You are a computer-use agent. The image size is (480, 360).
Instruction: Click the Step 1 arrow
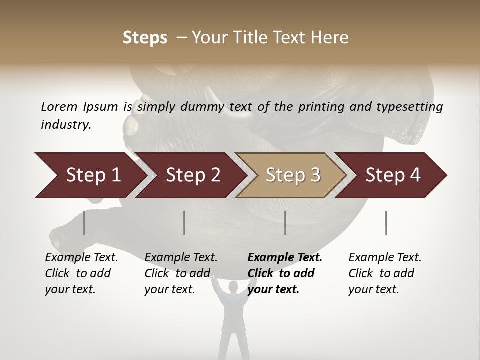(x=90, y=175)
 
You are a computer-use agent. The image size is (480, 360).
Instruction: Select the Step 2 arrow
(x=192, y=175)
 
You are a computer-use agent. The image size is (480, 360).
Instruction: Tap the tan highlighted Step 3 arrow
(x=292, y=175)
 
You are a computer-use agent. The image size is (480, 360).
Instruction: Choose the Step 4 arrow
(x=392, y=175)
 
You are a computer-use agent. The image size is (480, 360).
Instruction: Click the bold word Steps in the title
(x=145, y=38)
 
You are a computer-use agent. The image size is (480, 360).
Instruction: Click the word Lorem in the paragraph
(x=59, y=106)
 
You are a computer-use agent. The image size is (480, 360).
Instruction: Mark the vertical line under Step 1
(x=84, y=223)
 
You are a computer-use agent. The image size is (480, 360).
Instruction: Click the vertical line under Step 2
(x=184, y=223)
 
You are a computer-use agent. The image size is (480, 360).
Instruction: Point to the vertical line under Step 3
(x=285, y=223)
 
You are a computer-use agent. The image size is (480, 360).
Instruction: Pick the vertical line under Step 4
(x=386, y=223)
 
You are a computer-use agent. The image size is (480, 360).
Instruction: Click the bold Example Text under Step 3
(x=285, y=258)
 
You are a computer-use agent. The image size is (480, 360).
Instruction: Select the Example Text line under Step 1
(x=81, y=258)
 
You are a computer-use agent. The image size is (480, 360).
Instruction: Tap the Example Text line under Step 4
(x=385, y=258)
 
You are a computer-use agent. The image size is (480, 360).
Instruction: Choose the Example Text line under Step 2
(x=181, y=258)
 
